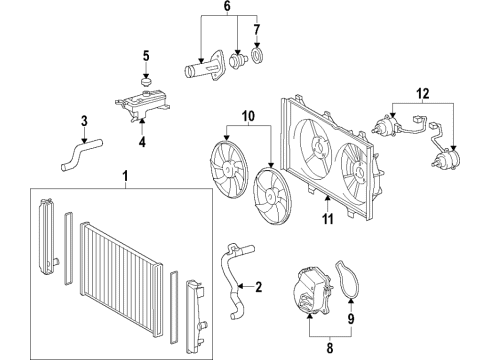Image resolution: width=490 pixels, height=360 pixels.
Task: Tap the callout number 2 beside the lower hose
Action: click(258, 288)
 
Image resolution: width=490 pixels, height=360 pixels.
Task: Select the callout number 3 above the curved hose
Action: click(84, 122)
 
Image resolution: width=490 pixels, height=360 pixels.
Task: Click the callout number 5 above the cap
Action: click(145, 55)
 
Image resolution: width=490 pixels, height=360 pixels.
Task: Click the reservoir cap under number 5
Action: click(145, 79)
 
